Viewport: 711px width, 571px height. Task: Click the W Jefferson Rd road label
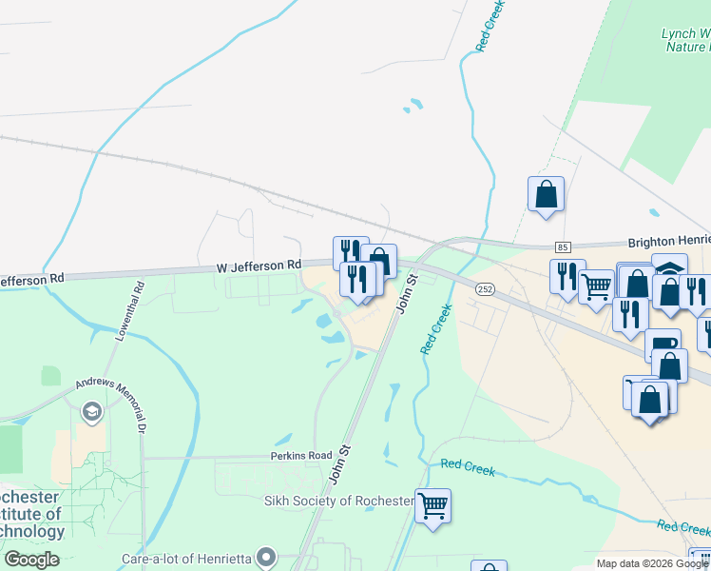point(259,266)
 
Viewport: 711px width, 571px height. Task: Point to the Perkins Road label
point(299,456)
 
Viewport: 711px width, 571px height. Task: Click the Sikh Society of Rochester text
point(339,501)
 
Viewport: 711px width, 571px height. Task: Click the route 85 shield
point(563,247)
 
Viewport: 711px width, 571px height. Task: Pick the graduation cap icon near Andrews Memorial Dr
point(91,411)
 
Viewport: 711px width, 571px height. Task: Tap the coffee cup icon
point(662,345)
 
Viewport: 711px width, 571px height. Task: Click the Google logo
point(31,560)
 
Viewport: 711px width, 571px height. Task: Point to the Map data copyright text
point(651,563)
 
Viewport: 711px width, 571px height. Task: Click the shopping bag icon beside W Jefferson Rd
point(379,260)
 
